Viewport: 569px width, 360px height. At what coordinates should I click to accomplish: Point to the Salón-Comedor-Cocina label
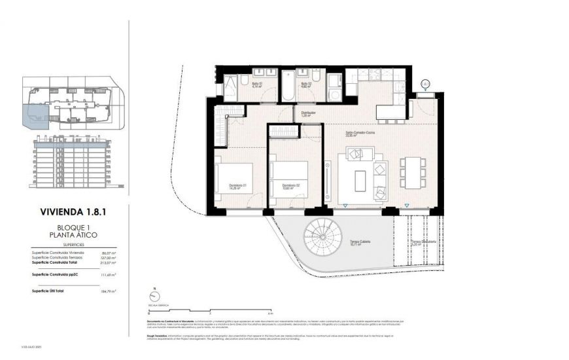(360, 134)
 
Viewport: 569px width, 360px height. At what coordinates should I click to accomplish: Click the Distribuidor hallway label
(309, 113)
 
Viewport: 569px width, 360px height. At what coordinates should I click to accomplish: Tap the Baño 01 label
(257, 84)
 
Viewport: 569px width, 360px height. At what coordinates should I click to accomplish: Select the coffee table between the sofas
(360, 181)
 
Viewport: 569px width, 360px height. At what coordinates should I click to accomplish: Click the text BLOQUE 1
(69, 227)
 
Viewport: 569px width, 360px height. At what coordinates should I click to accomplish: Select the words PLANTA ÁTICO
(69, 234)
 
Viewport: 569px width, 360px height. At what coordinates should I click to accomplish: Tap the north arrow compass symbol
(153, 294)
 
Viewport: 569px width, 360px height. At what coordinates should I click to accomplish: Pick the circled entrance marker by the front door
(425, 84)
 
